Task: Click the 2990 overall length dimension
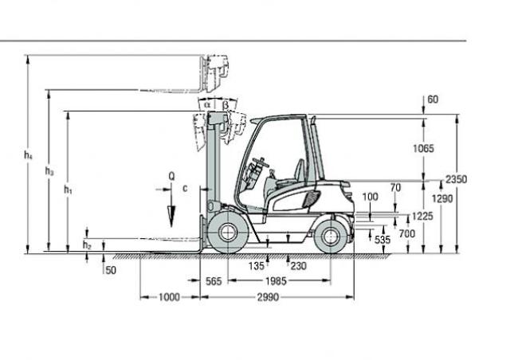click(x=268, y=297)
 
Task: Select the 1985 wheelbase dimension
click(x=276, y=281)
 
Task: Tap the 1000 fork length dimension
click(x=169, y=297)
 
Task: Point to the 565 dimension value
click(x=214, y=281)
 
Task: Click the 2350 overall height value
click(x=456, y=179)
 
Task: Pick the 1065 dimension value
click(x=423, y=149)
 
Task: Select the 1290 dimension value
click(x=442, y=198)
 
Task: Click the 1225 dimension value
click(x=422, y=216)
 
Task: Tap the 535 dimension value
click(x=382, y=240)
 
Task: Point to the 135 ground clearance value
click(x=257, y=266)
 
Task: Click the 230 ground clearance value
click(x=298, y=266)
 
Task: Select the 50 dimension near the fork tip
click(x=111, y=270)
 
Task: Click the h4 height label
click(x=29, y=155)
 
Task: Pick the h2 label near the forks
click(x=87, y=245)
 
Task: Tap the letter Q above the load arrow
click(x=172, y=176)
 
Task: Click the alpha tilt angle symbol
click(x=207, y=104)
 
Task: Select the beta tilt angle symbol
click(x=225, y=105)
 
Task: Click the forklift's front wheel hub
click(x=228, y=233)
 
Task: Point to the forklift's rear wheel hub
click(x=331, y=237)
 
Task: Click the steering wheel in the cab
click(x=261, y=162)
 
